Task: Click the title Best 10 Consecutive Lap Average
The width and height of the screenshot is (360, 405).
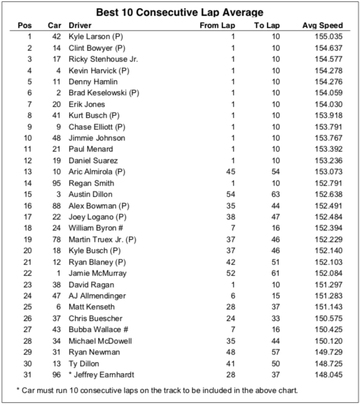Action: point(179,12)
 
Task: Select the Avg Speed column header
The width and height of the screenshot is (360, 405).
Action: point(322,26)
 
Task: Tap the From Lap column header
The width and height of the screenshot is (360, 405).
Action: point(217,26)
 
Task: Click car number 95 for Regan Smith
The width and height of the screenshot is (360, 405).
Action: point(57,183)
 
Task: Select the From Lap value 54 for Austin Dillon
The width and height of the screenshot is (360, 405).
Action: point(230,194)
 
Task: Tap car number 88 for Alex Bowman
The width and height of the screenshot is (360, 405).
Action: point(57,206)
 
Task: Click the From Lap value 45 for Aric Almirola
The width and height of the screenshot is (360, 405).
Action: point(230,172)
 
